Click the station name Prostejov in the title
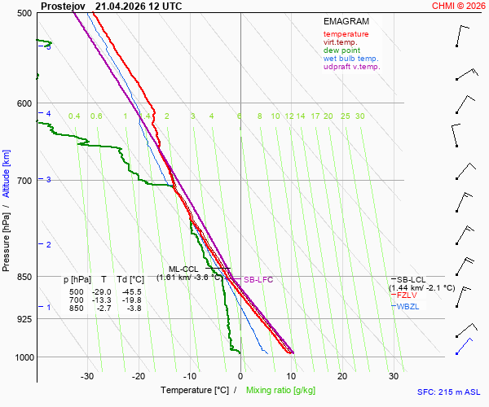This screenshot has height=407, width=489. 63,7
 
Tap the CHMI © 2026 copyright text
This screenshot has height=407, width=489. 458,6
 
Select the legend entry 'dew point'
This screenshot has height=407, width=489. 341,50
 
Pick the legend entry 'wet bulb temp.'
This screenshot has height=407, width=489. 350,59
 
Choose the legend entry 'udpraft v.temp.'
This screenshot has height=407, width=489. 352,67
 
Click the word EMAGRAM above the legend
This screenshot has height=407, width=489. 346,21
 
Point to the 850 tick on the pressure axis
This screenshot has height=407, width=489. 24,277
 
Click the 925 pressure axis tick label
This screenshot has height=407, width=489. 24,319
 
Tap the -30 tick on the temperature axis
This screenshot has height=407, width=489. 87,376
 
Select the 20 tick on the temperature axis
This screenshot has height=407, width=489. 342,376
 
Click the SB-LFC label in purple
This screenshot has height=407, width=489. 258,280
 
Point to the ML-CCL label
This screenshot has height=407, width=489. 183,269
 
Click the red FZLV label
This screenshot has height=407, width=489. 407,295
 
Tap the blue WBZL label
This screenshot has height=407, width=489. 407,306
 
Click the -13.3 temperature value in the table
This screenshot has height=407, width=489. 102,300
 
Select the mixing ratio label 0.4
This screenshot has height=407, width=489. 74,116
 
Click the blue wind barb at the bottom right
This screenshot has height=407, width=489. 464,346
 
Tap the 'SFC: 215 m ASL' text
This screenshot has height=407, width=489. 449,392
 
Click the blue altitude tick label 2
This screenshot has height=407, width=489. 48,245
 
